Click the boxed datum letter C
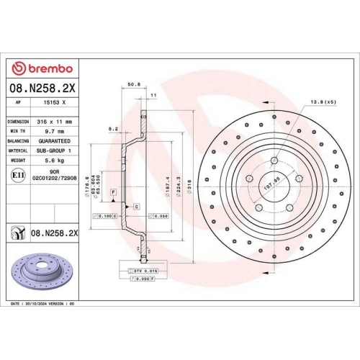135,207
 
